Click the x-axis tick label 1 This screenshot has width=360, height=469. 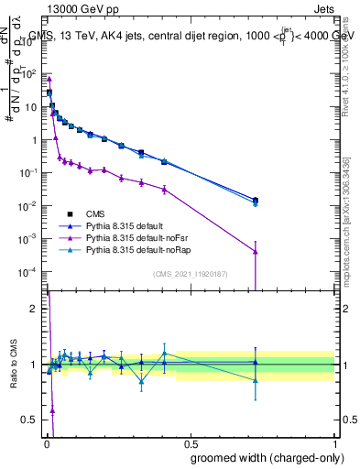click(x=334, y=441)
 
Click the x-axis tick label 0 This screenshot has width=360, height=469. click(x=46, y=441)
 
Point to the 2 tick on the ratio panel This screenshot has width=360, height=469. click(x=34, y=309)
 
